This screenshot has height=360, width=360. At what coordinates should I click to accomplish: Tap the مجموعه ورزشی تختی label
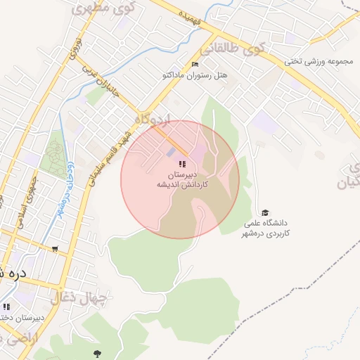point(317,60)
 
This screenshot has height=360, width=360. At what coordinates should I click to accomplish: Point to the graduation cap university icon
point(265,213)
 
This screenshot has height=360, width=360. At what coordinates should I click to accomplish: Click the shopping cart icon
point(55,248)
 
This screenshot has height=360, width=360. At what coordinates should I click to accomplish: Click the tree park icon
point(97,353)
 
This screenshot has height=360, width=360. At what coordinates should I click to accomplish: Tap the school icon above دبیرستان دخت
point(6,307)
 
